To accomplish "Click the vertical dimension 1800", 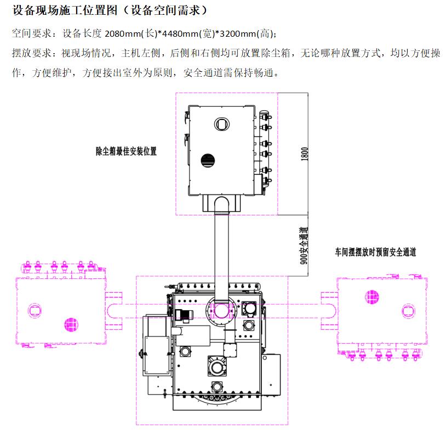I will coord(305,153).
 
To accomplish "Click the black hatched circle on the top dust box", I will coord(207,161).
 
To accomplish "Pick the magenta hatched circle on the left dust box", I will coord(70,325).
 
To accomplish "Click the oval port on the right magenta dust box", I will coord(408,311).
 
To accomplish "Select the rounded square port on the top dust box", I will coord(221,123).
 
